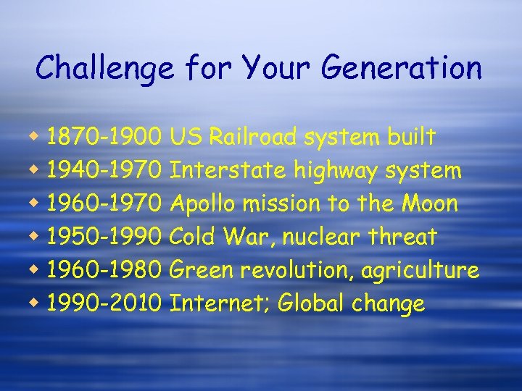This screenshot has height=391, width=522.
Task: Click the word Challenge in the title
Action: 104,69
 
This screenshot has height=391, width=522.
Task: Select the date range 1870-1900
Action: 104,136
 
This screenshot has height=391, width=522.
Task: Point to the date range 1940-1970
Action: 104,170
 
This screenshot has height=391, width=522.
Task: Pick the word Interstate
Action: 228,170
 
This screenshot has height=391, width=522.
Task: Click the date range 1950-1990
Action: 104,237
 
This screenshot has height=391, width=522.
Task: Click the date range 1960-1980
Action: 104,270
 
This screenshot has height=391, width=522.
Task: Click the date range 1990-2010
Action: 104,303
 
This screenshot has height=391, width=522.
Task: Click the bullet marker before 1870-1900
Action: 36,136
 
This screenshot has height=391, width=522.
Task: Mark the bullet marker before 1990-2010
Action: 36,303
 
